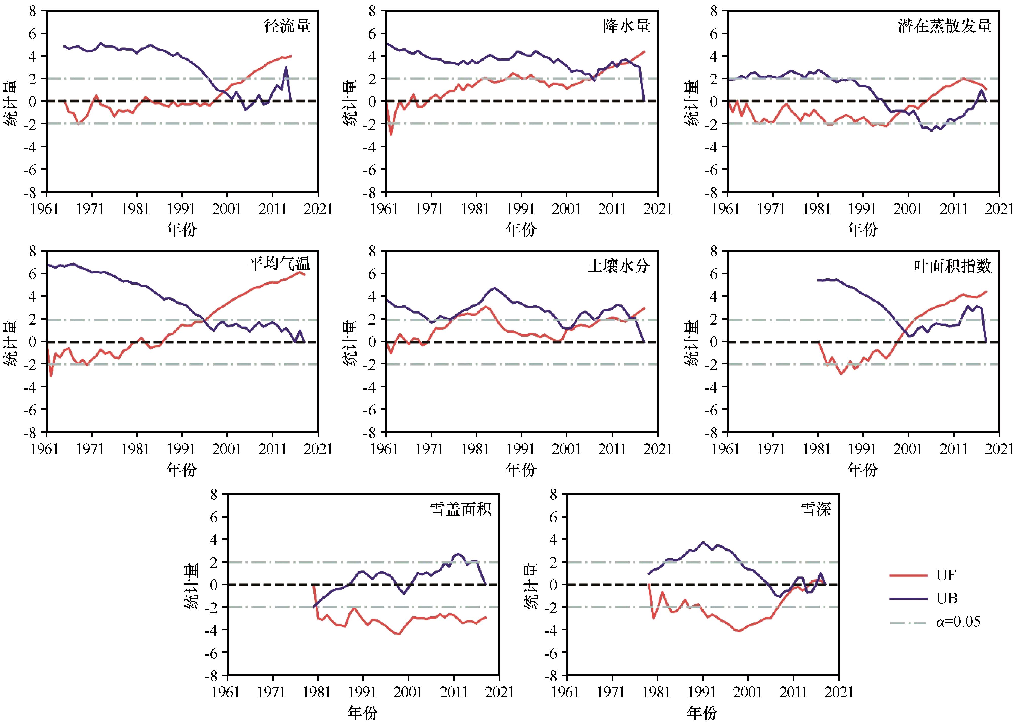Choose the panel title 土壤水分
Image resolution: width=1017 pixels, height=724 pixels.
click(619, 266)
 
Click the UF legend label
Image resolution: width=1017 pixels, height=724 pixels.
click(946, 575)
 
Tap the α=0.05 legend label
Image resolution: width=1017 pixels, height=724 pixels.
click(958, 622)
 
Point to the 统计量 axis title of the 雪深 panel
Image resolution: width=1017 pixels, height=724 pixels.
click(531, 585)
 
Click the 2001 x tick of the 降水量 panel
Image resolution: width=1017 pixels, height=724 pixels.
click(566, 209)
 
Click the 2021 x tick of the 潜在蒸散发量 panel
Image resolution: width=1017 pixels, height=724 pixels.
click(999, 209)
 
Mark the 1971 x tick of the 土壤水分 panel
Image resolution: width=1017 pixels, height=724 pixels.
click(430, 449)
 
